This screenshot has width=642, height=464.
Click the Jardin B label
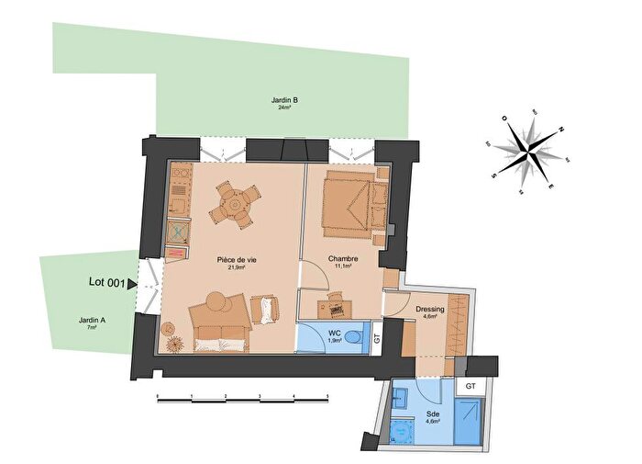point(284,99)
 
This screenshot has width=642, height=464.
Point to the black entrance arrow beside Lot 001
point(132,285)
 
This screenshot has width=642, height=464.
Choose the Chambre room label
point(340,260)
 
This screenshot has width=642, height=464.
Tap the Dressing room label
point(429,309)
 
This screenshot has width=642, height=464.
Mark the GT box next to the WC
point(377,337)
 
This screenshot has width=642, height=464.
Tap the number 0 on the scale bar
point(158,398)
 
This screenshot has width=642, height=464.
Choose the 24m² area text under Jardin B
point(284,108)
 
